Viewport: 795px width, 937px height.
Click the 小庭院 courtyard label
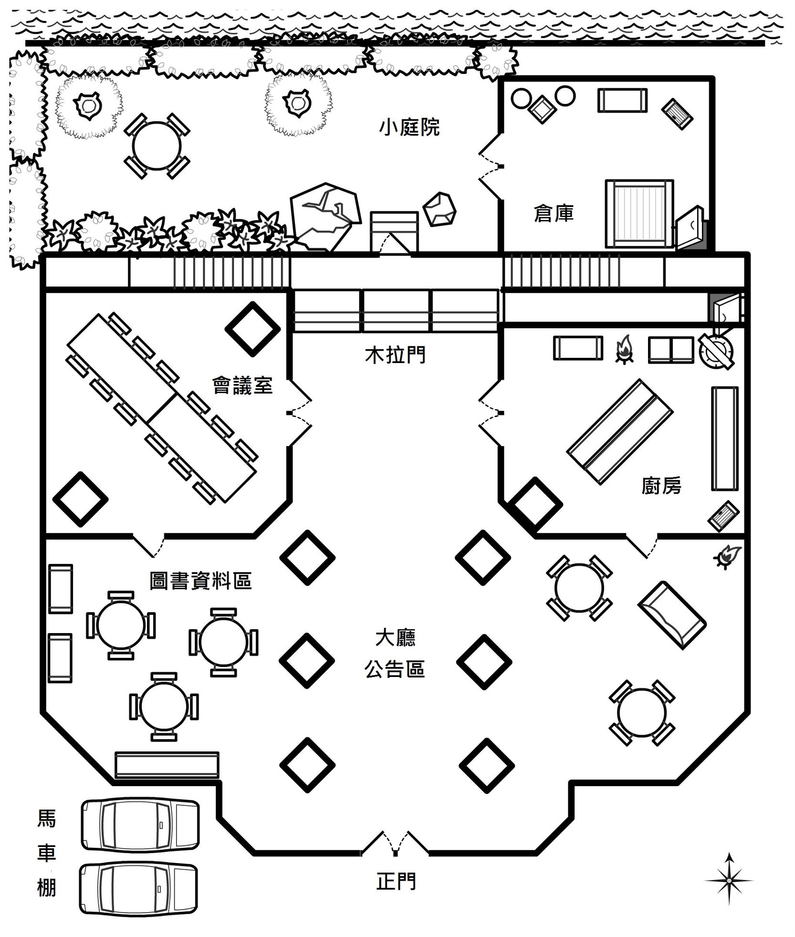pos(409,127)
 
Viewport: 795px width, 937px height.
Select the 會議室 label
pos(242,385)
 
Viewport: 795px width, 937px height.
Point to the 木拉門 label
pos(395,355)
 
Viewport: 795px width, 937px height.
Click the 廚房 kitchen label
pos(661,486)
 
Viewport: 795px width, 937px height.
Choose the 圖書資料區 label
pos(200,581)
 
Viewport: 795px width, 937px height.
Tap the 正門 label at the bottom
pos(396,882)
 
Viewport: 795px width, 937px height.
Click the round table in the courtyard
pos(157,146)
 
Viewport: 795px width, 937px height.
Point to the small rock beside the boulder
pos(439,209)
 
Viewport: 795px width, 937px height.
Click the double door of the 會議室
pos(300,413)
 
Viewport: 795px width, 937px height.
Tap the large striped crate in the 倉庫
pos(639,214)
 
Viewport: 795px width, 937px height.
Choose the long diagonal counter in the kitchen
pos(620,431)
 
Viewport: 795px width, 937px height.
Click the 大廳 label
pos(395,637)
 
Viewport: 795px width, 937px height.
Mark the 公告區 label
pos(395,669)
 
